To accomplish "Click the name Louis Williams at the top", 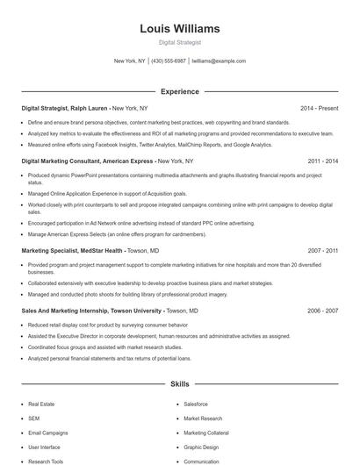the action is coord(180,29).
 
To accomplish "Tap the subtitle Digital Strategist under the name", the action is coord(180,42).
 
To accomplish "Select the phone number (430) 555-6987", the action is coord(169,61).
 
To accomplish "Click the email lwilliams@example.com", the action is coord(219,61).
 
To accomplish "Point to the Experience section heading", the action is coord(180,91).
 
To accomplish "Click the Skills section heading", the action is coord(180,384).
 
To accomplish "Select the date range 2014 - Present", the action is coord(319,108).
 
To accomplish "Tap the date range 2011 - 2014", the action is coord(323,161).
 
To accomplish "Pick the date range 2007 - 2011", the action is coord(323,250).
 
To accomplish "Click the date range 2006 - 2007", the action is coord(323,311).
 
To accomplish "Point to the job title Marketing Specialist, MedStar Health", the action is coord(72,250).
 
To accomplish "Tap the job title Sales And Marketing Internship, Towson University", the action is coord(91,311).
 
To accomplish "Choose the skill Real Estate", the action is coord(41,404).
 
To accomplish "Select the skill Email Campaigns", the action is coord(47,433).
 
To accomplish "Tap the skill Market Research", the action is coord(203,418).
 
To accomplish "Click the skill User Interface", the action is coord(44,447).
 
